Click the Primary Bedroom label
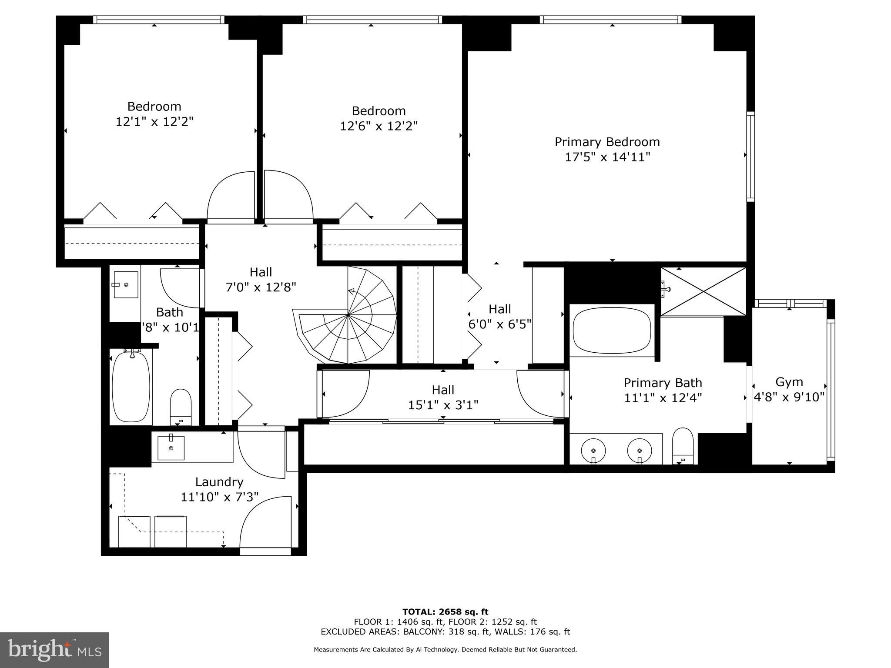pyautogui.click(x=607, y=142)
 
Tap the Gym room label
pyautogui.click(x=789, y=382)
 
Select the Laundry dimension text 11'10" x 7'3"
pyautogui.click(x=219, y=497)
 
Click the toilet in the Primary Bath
pyautogui.click(x=683, y=445)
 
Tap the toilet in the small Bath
pyautogui.click(x=181, y=406)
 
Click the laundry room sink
pyautogui.click(x=171, y=447)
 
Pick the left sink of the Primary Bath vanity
pyautogui.click(x=593, y=449)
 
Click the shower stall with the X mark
pyautogui.click(x=703, y=291)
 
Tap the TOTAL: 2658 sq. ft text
pyautogui.click(x=445, y=612)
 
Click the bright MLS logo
pyautogui.click(x=54, y=650)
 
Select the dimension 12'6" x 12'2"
pyautogui.click(x=379, y=126)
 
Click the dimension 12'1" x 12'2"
pyautogui.click(x=154, y=121)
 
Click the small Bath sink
pyautogui.click(x=126, y=284)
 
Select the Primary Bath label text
pyautogui.click(x=663, y=383)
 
